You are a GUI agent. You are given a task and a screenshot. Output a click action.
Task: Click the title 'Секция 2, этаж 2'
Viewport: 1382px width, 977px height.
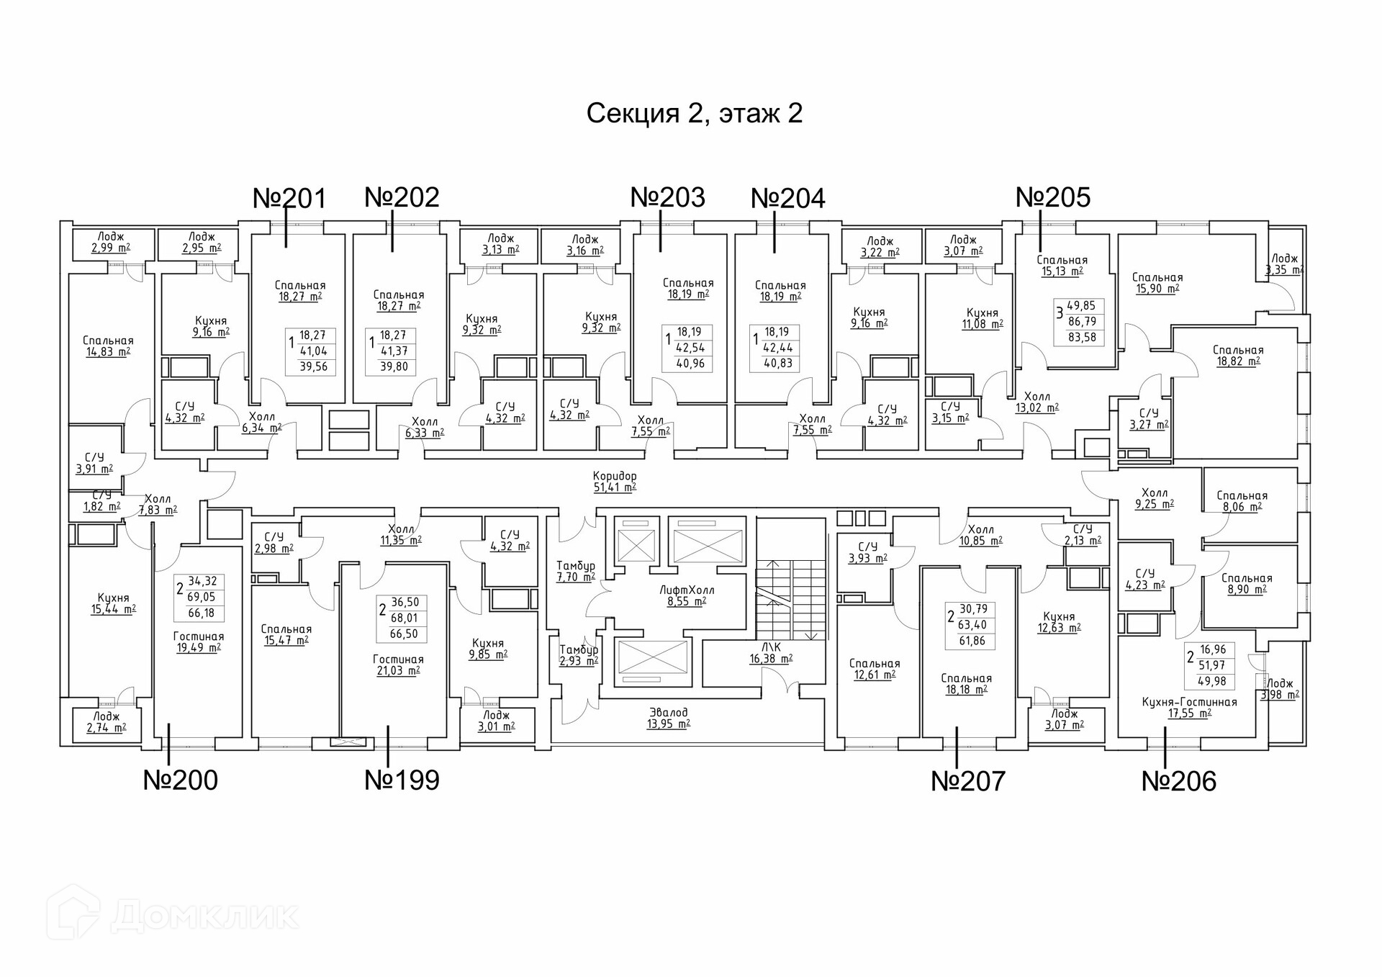[694, 114]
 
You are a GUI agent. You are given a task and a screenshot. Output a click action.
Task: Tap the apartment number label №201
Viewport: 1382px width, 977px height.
[289, 198]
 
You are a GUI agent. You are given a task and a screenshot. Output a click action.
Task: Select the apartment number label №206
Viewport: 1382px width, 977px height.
[1179, 781]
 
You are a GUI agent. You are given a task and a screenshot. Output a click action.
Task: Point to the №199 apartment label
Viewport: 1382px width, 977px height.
[402, 780]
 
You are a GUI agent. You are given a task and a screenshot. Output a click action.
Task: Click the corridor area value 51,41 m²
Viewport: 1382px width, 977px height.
[614, 487]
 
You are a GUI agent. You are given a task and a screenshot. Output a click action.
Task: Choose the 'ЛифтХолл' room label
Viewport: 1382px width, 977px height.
[687, 590]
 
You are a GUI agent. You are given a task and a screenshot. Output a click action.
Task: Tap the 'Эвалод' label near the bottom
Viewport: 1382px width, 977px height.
[668, 713]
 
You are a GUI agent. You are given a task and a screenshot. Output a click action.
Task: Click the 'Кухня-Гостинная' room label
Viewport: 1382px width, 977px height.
[1189, 702]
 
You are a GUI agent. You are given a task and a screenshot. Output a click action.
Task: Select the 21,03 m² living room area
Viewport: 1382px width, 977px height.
[398, 671]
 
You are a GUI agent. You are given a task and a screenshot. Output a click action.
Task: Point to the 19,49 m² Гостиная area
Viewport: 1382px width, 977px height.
[199, 648]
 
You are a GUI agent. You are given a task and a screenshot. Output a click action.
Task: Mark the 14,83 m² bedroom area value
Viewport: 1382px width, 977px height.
[108, 352]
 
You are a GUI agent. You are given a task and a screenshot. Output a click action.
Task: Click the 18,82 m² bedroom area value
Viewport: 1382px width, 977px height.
[1238, 361]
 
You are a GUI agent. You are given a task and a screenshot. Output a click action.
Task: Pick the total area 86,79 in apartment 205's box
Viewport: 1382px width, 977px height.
[1082, 322]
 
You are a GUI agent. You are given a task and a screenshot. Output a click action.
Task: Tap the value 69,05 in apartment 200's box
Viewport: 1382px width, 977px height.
[202, 597]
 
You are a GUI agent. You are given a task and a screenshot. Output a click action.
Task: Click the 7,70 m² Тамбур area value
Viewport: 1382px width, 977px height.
[575, 577]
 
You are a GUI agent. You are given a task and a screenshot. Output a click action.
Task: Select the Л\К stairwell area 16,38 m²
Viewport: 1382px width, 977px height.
[771, 659]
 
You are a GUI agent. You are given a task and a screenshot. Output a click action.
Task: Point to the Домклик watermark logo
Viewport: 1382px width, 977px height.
[173, 915]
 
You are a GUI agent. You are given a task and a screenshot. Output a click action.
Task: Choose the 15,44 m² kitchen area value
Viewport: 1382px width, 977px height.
[113, 609]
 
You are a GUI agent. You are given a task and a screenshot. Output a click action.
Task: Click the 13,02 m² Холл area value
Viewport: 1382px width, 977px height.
[1036, 408]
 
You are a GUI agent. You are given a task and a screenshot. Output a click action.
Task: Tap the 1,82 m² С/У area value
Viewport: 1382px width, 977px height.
[101, 507]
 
